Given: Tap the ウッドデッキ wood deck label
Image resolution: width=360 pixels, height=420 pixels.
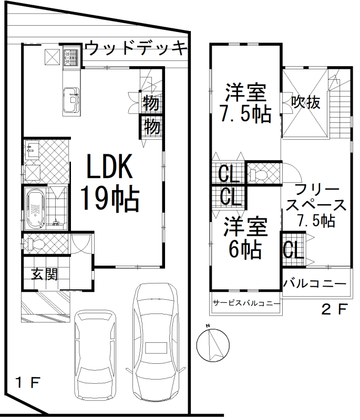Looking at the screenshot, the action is pyautogui.click(x=137, y=48).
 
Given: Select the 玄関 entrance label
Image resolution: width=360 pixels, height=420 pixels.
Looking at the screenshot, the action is pyautogui.click(x=45, y=274).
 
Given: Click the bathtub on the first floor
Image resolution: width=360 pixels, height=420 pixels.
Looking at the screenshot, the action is pyautogui.click(x=35, y=208).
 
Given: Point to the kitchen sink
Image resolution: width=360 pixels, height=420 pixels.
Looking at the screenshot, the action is pyautogui.click(x=71, y=99).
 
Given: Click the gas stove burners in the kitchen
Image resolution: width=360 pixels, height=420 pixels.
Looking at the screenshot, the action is pyautogui.click(x=70, y=58).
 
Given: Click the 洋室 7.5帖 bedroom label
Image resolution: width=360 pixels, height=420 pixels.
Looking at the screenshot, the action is pyautogui.click(x=245, y=103).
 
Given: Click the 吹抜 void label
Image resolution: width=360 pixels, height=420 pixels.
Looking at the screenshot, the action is pyautogui.click(x=306, y=102).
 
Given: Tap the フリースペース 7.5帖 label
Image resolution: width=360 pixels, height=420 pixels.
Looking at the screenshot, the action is pyautogui.click(x=316, y=206).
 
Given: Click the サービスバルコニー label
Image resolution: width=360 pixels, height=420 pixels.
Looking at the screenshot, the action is pyautogui.click(x=246, y=303).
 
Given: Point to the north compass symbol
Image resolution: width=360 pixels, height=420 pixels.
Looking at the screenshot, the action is pyautogui.click(x=213, y=345).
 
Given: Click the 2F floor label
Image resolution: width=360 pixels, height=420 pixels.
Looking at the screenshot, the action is pyautogui.click(x=335, y=309).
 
